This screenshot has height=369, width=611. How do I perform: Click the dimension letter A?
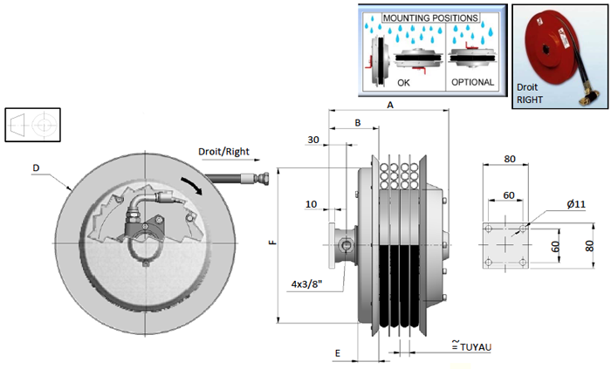click(389, 105)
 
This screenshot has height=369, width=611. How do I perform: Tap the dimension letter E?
click(337, 354)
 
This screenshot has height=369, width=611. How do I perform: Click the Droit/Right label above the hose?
click(223, 151)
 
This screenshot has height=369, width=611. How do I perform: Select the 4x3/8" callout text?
click(311, 283)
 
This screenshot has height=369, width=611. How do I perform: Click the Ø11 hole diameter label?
click(575, 203)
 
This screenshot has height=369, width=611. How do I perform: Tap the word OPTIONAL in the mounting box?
click(472, 83)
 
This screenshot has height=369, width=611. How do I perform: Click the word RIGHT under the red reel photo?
click(532, 99)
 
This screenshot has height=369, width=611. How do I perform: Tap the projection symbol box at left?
click(31, 126)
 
